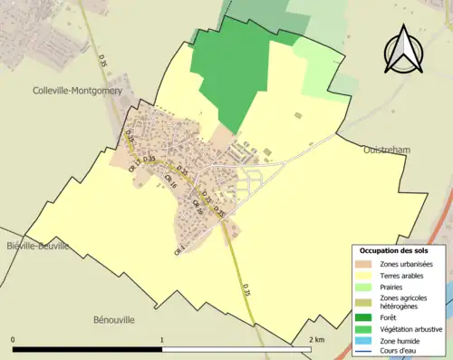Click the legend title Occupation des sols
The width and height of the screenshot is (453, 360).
(x=395, y=249)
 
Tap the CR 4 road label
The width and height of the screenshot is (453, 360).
(x=179, y=247)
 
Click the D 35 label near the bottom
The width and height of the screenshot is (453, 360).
(x=245, y=288)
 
